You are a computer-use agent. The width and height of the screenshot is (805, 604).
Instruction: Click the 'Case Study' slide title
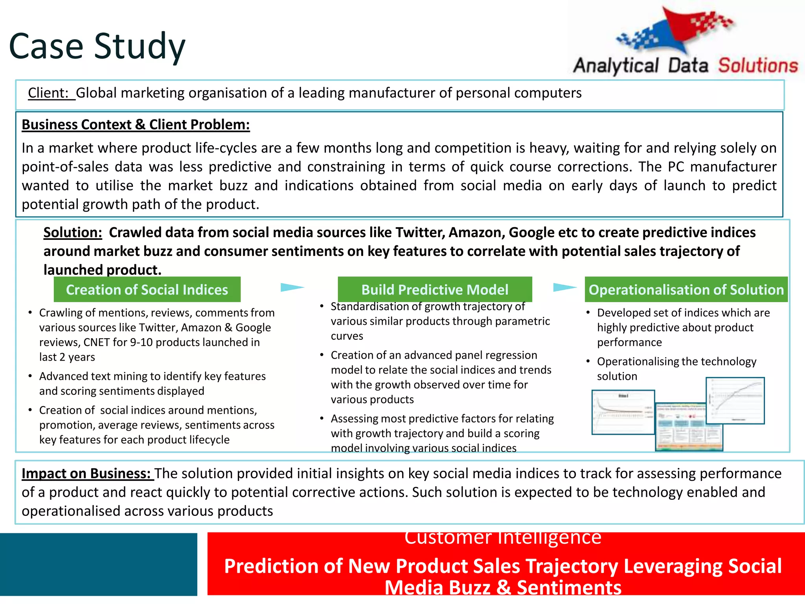pos(97,46)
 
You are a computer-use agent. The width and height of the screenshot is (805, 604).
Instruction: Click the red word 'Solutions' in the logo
pos(758,66)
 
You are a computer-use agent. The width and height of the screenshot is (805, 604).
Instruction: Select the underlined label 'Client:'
pos(49,93)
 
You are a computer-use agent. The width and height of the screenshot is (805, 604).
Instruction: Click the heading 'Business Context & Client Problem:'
pos(136,125)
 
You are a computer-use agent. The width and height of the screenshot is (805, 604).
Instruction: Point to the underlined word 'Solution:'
pos(73,232)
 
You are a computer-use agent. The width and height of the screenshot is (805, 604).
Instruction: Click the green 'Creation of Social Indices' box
pos(147,290)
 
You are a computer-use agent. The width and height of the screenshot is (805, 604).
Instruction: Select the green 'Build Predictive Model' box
pos(435,290)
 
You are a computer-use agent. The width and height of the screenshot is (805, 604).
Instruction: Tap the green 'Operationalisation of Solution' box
pos(686,290)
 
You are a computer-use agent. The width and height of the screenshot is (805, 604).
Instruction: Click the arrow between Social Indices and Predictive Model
pos(292,287)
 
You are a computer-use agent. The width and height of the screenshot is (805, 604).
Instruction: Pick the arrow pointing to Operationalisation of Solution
pos(564,287)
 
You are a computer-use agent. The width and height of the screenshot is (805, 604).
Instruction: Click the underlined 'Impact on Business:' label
pos(86,473)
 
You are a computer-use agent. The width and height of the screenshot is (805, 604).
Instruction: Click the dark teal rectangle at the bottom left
pos(98,564)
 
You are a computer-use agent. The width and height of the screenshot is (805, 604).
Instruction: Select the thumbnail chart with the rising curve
pos(735,400)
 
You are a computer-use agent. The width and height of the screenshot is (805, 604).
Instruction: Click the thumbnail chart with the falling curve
pos(623,412)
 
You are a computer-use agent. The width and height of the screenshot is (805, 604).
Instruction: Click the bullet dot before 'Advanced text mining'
pos(30,376)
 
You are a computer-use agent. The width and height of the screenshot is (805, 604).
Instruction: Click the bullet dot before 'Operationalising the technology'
pos(588,361)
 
